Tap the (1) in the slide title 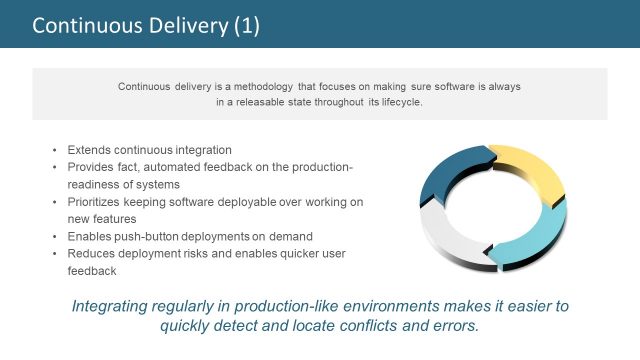pos(245,25)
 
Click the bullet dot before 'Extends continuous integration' pos(55,149)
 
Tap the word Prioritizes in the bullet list pos(96,202)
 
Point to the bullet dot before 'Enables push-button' pos(55,236)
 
